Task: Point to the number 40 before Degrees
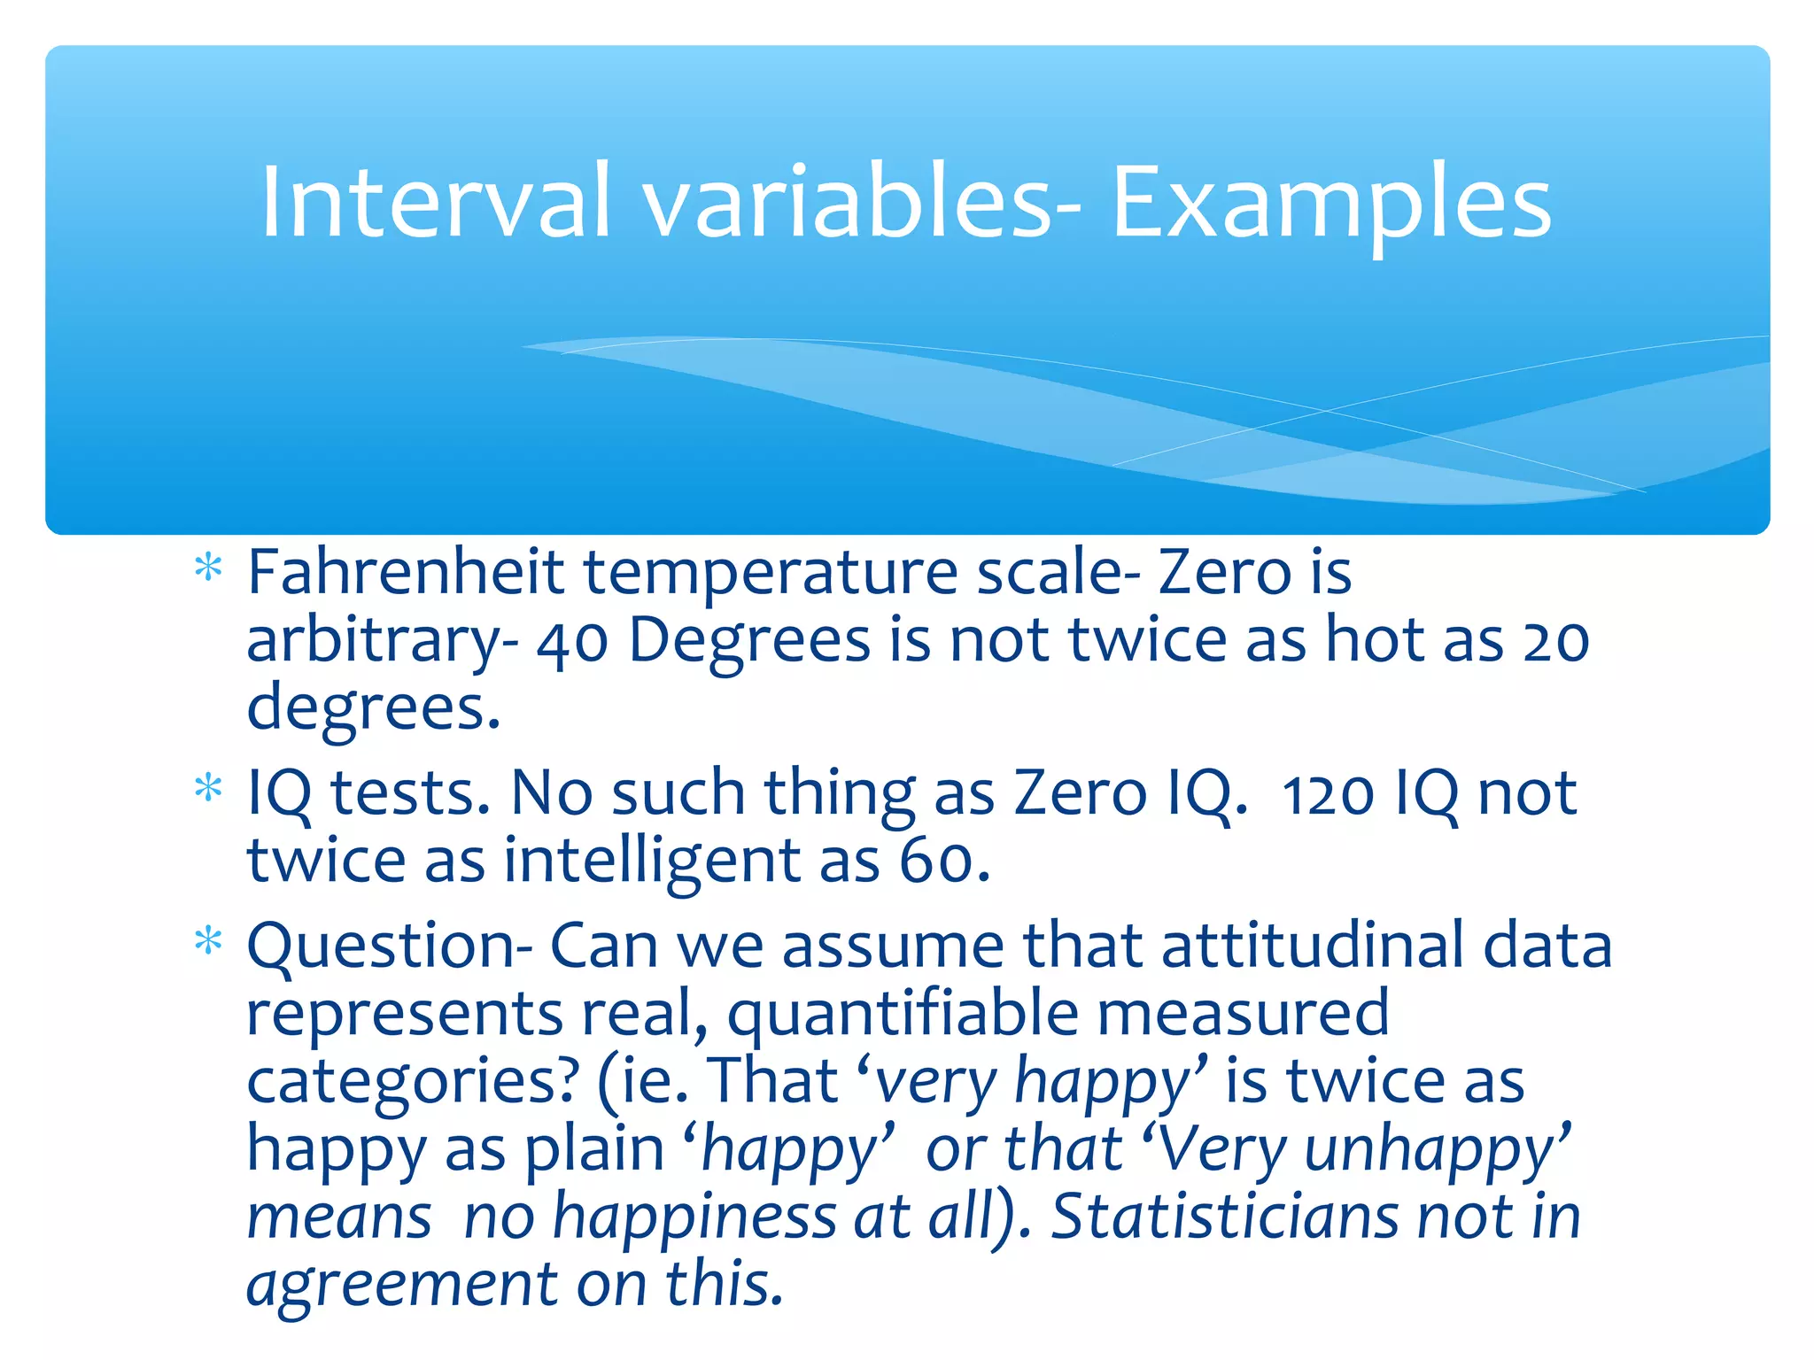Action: click(x=572, y=641)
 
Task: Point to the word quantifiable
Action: click(x=903, y=1015)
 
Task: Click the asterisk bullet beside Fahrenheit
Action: click(x=208, y=568)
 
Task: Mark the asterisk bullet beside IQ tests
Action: click(x=208, y=787)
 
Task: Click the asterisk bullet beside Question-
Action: click(x=208, y=941)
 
